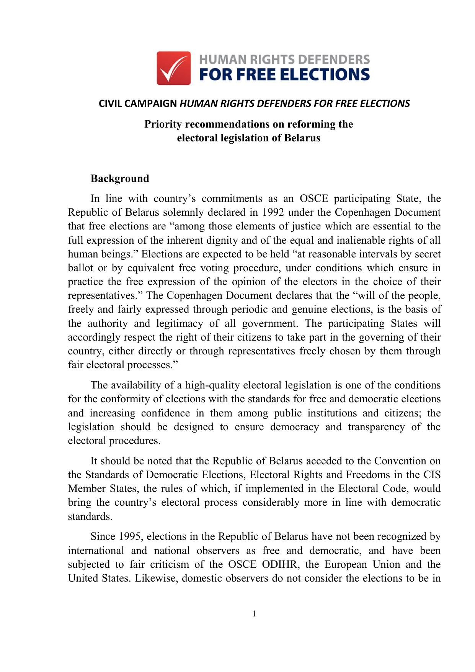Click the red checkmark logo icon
click(x=174, y=68)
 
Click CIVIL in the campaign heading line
click(x=110, y=104)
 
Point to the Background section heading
click(x=120, y=179)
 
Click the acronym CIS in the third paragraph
click(x=432, y=475)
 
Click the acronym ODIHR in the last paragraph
click(x=280, y=565)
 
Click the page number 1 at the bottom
click(x=254, y=614)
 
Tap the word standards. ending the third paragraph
click(x=90, y=516)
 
